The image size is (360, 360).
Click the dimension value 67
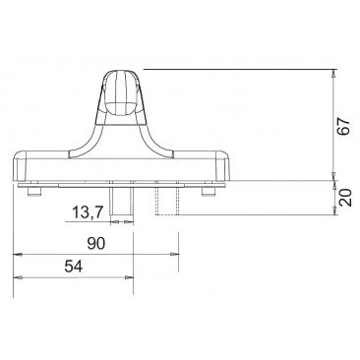[344, 126]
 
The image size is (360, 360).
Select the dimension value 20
[345, 197]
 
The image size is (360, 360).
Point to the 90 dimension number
[96, 244]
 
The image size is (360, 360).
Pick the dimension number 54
[74, 267]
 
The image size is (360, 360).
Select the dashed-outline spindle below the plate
[167, 199]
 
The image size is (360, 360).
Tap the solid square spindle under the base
[121, 199]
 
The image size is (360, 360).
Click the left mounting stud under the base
[34, 192]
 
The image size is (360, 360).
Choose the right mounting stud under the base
[209, 192]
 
